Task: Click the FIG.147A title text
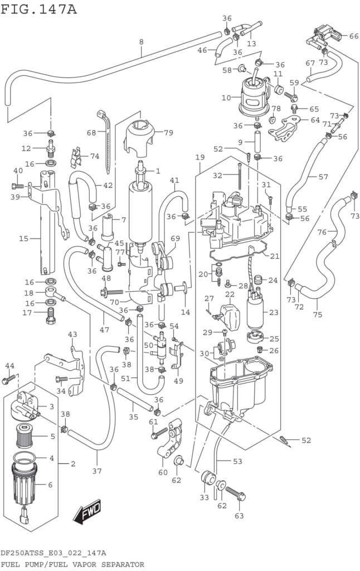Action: click(x=38, y=9)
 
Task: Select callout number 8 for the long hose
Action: click(x=141, y=42)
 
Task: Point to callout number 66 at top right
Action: click(x=354, y=36)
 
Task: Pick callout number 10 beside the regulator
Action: click(x=226, y=98)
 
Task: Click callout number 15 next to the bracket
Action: click(x=23, y=239)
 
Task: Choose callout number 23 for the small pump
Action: click(x=273, y=312)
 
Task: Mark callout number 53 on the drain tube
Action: click(x=237, y=461)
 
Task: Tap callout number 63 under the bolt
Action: click(x=239, y=516)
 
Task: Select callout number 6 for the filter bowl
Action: click(x=50, y=485)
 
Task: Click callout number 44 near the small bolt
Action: click(x=9, y=366)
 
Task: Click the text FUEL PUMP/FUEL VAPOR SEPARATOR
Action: click(x=72, y=564)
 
